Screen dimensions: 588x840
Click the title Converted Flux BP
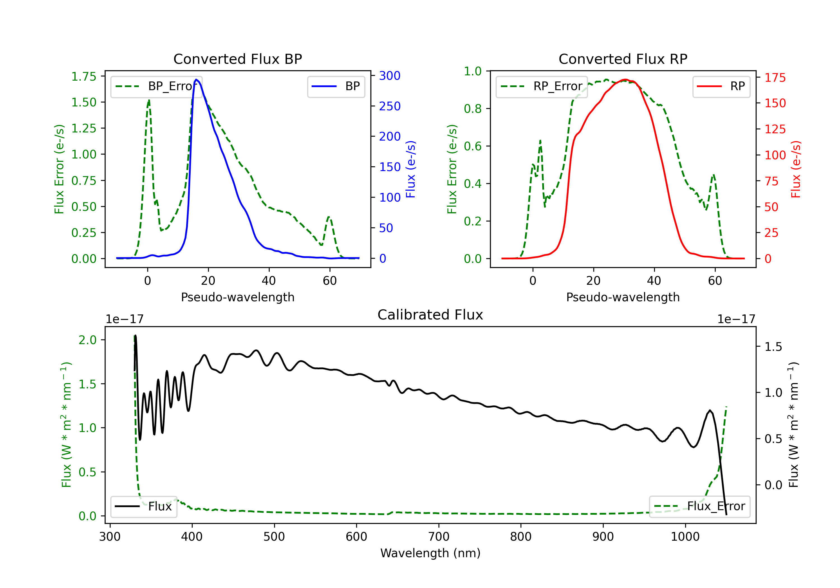[237, 59]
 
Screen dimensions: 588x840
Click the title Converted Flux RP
[623, 59]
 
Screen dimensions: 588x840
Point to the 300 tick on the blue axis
[390, 76]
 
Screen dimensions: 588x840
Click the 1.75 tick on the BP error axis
[84, 76]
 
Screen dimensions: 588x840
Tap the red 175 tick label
[775, 78]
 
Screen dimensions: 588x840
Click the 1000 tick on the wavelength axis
[685, 537]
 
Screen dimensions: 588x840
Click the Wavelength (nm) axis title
[430, 553]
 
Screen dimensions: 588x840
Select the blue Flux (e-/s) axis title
[410, 169]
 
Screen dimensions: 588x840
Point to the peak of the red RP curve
[625, 80]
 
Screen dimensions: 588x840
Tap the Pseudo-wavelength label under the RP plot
[623, 297]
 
